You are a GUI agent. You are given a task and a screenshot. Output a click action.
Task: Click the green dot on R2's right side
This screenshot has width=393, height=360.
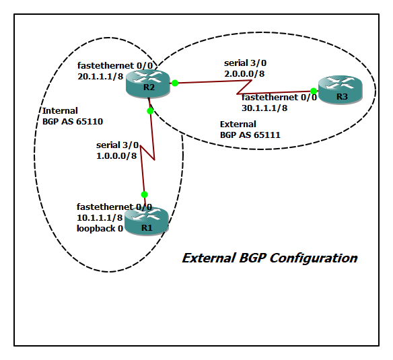click(174, 83)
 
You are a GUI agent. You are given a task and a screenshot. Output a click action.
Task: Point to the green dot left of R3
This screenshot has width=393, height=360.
click(314, 91)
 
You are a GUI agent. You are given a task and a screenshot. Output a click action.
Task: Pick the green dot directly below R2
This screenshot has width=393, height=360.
click(150, 110)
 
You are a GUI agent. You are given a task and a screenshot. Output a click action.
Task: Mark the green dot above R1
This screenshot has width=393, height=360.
click(144, 194)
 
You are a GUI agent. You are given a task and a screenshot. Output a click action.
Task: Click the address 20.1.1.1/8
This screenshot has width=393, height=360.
click(100, 77)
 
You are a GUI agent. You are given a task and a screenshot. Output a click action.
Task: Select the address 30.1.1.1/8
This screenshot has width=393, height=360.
click(264, 107)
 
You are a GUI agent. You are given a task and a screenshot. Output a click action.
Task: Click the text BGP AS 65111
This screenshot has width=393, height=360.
click(250, 135)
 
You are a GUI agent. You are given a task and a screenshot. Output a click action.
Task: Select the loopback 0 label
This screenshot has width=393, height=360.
click(100, 229)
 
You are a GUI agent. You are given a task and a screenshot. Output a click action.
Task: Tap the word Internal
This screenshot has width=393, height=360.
click(60, 111)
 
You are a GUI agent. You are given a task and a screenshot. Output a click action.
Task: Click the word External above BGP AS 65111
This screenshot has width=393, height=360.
click(238, 124)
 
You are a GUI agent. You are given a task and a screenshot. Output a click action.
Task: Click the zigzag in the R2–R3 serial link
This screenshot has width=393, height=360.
click(243, 86)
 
